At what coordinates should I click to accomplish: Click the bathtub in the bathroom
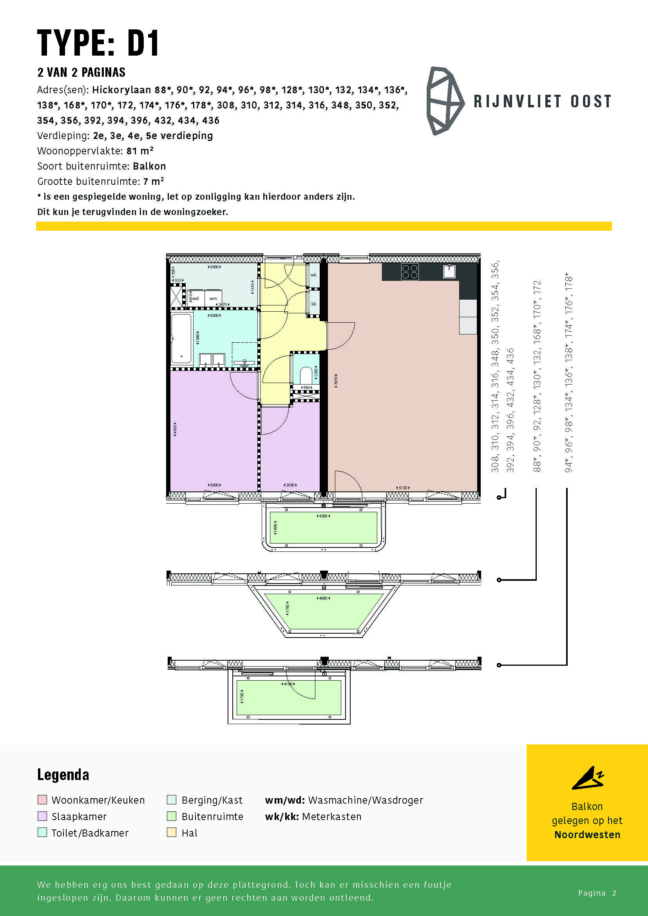[181, 339]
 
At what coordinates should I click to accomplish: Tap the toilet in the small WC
[306, 375]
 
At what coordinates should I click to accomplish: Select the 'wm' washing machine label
[213, 298]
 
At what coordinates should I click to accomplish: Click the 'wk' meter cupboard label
[314, 275]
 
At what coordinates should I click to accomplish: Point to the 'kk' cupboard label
[314, 304]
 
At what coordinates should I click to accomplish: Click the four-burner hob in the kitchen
[410, 272]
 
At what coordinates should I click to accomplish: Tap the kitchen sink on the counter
[449, 271]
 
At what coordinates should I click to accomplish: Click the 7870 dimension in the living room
[336, 379]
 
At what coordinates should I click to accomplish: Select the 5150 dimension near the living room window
[403, 488]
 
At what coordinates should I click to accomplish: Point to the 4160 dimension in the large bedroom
[175, 430]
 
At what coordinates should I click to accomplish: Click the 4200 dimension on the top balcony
[323, 516]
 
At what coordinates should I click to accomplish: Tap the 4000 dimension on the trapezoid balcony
[323, 598]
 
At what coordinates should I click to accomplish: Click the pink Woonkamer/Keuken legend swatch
[42, 800]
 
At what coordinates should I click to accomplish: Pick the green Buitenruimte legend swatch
[172, 816]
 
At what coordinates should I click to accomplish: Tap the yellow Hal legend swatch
[172, 833]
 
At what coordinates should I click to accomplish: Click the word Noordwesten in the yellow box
[587, 835]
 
